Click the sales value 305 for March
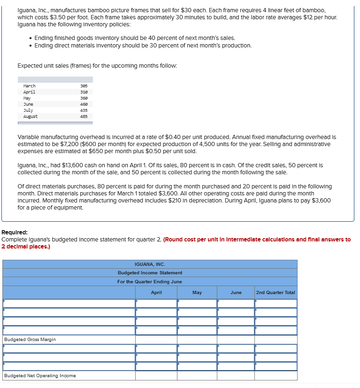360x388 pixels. pos(84,86)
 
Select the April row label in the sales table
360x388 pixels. pos(29,92)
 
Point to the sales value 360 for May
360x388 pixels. pos(84,98)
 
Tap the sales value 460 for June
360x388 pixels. pos(84,104)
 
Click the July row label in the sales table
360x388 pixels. pos(28,110)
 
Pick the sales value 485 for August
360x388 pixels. pos(84,116)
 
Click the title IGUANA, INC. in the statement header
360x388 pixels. pos(150,264)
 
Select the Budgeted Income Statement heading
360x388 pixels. pos(150,273)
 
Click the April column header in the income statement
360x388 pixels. pos(156,293)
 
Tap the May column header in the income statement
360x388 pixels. pos(197,293)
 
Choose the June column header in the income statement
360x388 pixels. pos(236,293)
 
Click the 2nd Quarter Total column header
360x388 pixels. pos(276,293)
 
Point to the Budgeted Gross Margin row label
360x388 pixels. pos(30,340)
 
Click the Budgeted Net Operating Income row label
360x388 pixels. pos(40,376)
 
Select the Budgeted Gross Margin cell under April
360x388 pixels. pos(156,340)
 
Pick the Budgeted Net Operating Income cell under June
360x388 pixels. pos(236,376)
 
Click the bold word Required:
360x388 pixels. pos(15,233)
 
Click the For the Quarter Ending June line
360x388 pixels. pos(150,282)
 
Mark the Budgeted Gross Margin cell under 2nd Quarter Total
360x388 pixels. pos(276,340)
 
